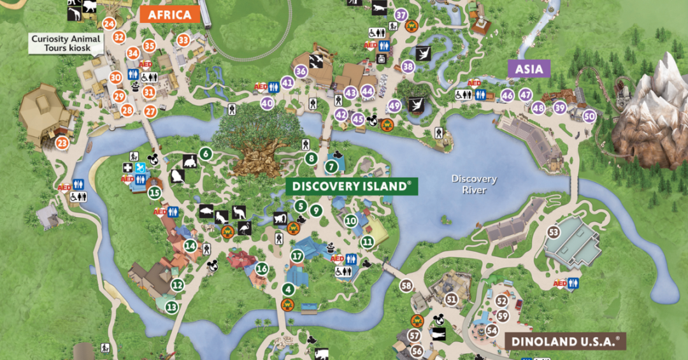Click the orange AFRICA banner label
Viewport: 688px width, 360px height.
pos(170,15)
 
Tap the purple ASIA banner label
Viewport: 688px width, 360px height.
pos(529,69)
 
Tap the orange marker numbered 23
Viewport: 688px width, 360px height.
pos(62,143)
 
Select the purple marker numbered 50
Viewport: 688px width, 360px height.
pos(589,115)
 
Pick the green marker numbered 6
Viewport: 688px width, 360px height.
pos(205,154)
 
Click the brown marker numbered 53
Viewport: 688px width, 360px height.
pos(554,232)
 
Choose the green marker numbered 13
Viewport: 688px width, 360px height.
pos(171,306)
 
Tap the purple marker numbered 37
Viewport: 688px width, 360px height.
pos(401,15)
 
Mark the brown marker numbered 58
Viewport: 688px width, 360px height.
pos(406,286)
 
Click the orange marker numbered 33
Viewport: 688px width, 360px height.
pos(183,40)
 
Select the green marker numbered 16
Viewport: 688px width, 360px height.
pos(262,268)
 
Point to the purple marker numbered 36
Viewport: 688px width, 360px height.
pos(301,71)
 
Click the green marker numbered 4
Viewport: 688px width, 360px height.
pos(288,289)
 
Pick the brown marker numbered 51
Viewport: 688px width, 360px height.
pos(452,298)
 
